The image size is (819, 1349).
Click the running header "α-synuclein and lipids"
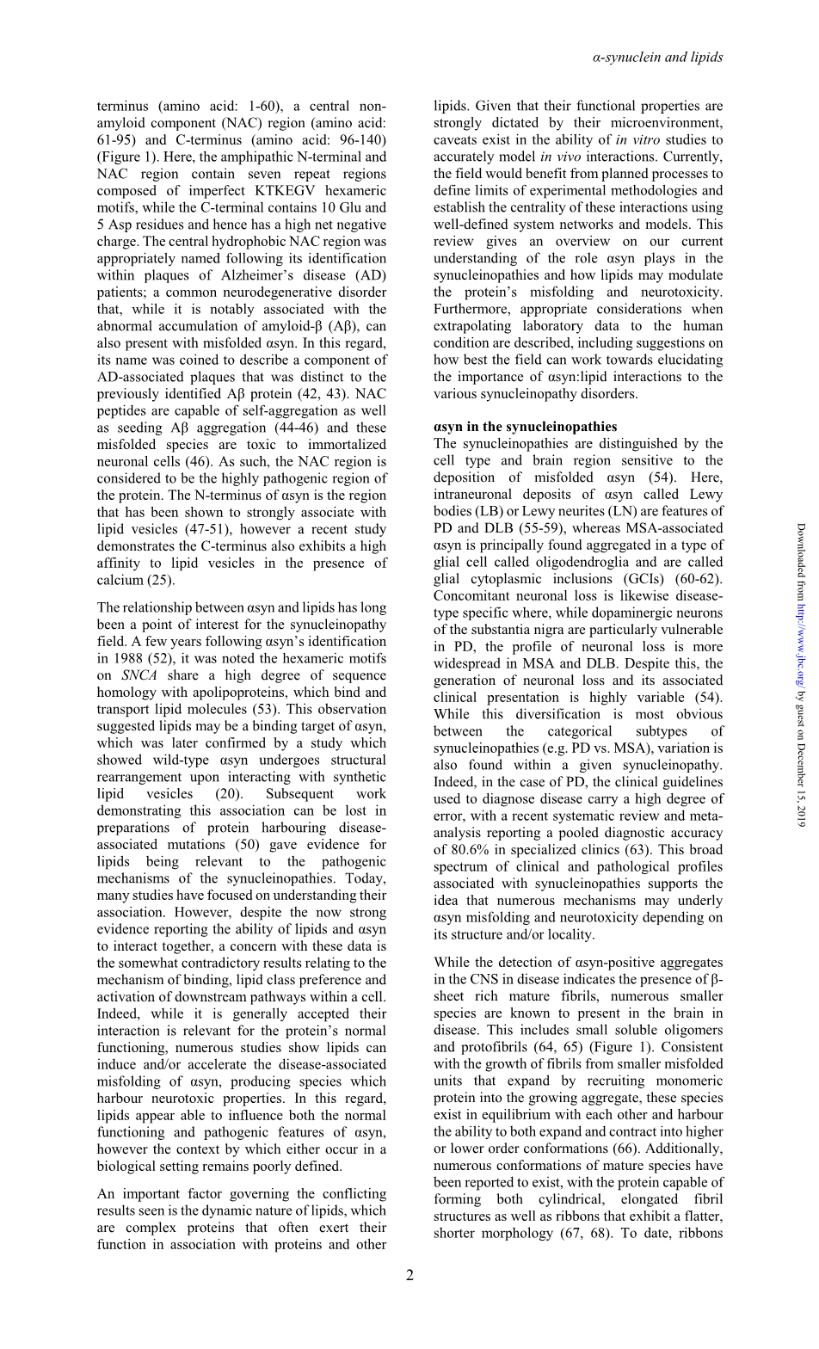(x=657, y=58)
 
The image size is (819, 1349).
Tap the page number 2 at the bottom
(x=409, y=1275)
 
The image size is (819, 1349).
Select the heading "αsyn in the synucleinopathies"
(x=525, y=427)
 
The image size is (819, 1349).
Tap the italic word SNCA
(x=139, y=675)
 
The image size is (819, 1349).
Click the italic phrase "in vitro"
(x=634, y=140)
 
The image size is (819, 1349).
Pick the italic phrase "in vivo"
(x=561, y=157)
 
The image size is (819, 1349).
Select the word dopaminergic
(x=617, y=613)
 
